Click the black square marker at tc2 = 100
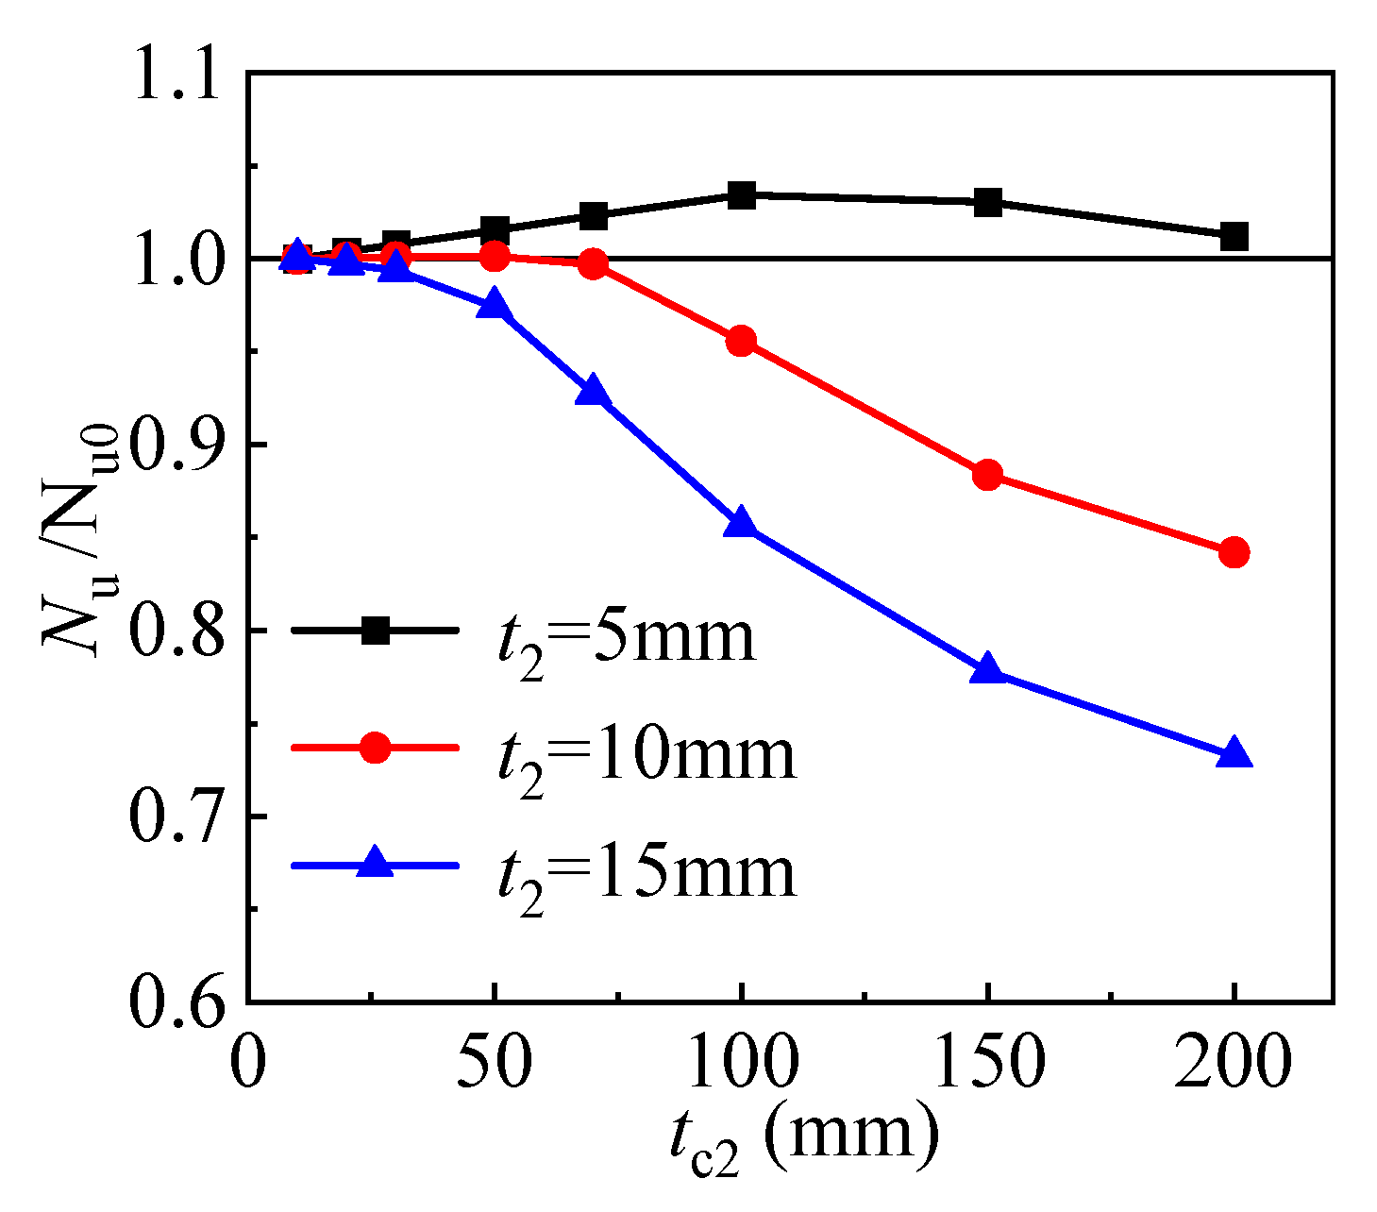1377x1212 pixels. point(742,195)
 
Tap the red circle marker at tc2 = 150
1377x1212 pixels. point(988,475)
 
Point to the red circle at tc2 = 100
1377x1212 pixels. point(742,341)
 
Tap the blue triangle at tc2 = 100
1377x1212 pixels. point(742,523)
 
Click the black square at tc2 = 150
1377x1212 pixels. point(988,202)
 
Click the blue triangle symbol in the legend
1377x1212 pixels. point(376,864)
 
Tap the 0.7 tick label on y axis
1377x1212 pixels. point(179,816)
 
